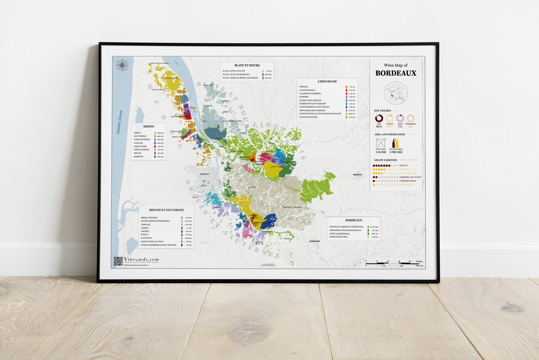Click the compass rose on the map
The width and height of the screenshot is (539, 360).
point(122,66)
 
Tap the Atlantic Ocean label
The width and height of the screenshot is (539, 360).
point(119,122)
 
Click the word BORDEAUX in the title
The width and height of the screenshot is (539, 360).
point(396,73)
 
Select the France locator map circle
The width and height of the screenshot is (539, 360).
point(396,93)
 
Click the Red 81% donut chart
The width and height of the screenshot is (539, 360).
point(379,118)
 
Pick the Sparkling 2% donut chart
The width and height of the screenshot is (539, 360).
point(411,118)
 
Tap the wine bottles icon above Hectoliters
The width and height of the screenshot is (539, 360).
point(395,143)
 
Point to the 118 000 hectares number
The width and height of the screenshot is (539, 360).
point(380,152)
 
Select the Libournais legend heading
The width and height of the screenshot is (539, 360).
point(327,81)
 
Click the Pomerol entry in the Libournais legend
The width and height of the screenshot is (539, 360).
point(304,97)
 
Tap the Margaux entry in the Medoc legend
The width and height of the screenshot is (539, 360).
point(138,156)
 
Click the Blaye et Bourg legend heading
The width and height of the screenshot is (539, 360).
point(247,65)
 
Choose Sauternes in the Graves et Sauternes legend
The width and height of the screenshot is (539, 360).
point(146,238)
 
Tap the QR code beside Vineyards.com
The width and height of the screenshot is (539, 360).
point(118,261)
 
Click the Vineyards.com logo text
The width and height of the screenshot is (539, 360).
point(141,259)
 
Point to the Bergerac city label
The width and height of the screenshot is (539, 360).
point(358,175)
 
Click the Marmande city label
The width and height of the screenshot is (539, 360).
point(314,241)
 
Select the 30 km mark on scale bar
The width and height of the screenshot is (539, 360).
point(419,262)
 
